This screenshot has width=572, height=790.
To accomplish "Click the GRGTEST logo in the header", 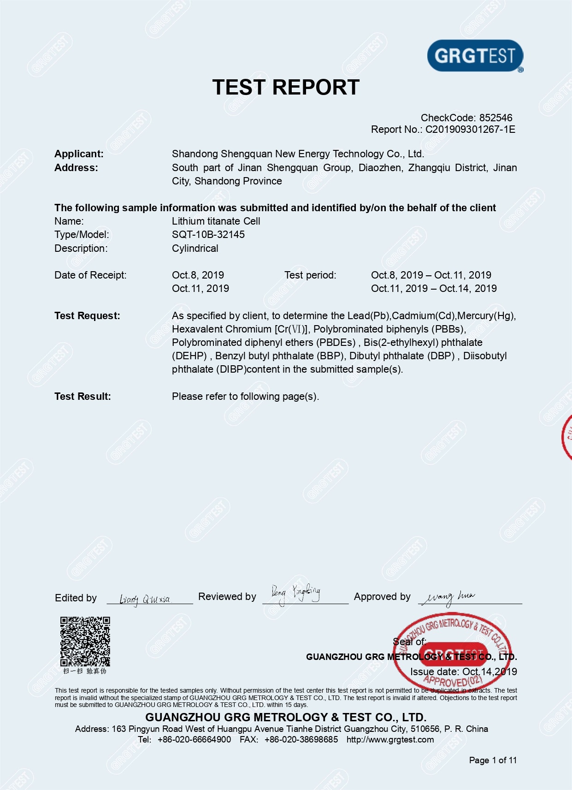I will (475, 56).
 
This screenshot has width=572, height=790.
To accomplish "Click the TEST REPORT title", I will (286, 87).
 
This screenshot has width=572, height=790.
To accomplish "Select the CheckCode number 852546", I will (495, 118).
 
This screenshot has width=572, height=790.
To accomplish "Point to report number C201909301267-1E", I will (470, 129).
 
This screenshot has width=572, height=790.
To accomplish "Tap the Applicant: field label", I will (79, 154).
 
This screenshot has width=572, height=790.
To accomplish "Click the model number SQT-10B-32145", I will (208, 234).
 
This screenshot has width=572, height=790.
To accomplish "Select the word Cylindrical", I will (195, 248).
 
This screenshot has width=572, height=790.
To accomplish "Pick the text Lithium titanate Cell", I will (216, 221).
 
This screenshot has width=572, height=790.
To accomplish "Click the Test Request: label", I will (87, 315).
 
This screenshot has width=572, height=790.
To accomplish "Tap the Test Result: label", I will (83, 396).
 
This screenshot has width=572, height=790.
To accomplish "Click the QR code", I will (85, 642).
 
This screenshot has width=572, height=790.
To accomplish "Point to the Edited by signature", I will (145, 599).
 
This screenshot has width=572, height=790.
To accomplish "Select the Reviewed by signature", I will (295, 593).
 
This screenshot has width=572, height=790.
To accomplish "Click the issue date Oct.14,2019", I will (489, 671).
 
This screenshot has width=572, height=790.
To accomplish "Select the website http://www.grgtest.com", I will (390, 739).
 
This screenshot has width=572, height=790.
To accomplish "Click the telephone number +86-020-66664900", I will (194, 739).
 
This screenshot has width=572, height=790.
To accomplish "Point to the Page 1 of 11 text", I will (493, 760).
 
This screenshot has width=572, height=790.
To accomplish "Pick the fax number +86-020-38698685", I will (301, 739).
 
